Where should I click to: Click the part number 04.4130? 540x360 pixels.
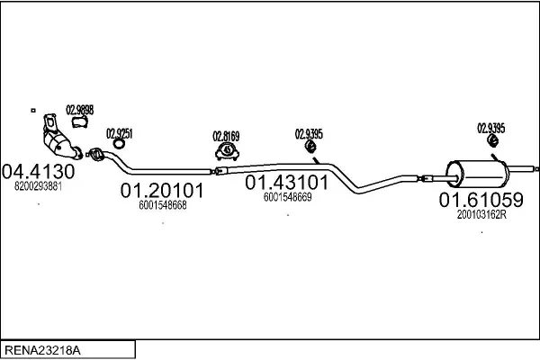pyautogui.click(x=38, y=171)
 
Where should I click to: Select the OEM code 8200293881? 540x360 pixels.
pyautogui.click(x=38, y=186)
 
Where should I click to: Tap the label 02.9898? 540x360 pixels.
pyautogui.click(x=79, y=110)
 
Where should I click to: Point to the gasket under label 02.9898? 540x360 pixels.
pyautogui.click(x=79, y=121)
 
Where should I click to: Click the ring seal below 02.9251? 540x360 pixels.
pyautogui.click(x=119, y=144)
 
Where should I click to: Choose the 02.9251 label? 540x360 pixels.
pyautogui.click(x=119, y=133)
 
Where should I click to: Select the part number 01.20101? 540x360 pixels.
pyautogui.click(x=162, y=190)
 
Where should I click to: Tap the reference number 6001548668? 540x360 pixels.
pyautogui.click(x=163, y=205)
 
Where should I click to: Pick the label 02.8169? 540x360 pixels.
pyautogui.click(x=226, y=136)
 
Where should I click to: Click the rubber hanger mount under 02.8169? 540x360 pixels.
pyautogui.click(x=228, y=151)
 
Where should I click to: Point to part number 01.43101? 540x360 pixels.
pyautogui.click(x=286, y=182)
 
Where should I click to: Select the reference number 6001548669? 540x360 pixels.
pyautogui.click(x=288, y=197)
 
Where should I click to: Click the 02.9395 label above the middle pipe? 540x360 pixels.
pyautogui.click(x=309, y=134)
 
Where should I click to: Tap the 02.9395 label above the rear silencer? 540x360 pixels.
pyautogui.click(x=491, y=128)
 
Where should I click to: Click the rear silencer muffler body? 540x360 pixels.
pyautogui.click(x=477, y=174)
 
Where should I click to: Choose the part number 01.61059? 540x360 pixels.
pyautogui.click(x=481, y=200)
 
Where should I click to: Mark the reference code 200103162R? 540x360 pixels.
pyautogui.click(x=481, y=214)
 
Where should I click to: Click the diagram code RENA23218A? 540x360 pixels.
pyautogui.click(x=42, y=350)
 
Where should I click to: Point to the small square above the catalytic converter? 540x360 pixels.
pyautogui.click(x=33, y=110)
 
